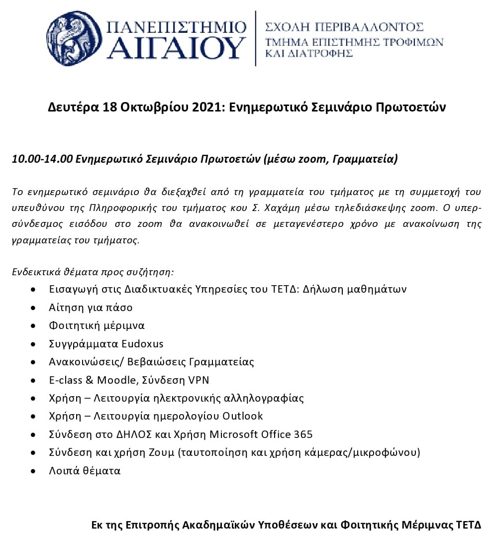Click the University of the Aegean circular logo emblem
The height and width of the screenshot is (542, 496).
[74, 38]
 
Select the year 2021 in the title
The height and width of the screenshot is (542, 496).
[207, 107]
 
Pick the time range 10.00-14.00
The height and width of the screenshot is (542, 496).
[42, 159]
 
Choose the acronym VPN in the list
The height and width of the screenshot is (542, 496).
[198, 380]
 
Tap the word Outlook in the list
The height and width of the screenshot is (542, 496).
[242, 416]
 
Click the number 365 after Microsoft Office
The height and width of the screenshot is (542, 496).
[303, 434]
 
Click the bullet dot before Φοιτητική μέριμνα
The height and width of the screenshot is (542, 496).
[33, 326]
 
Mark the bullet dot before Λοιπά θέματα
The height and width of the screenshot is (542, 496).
[33, 471]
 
